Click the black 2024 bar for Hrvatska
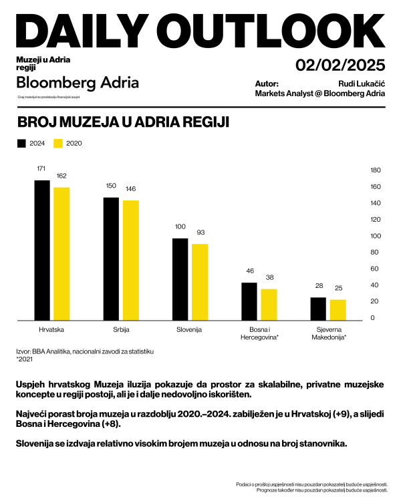pos(42,251)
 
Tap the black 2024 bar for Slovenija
pos(180,279)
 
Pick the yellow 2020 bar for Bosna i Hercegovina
pos(269,304)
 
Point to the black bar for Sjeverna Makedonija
pos(318,308)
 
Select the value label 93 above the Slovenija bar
pos(200,232)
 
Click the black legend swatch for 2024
pos(21,144)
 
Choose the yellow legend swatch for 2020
pos(57,144)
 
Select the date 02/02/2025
pos(340,65)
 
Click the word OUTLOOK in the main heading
pos(274,31)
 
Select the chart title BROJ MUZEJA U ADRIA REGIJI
pos(123,124)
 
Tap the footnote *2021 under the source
pos(24,359)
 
